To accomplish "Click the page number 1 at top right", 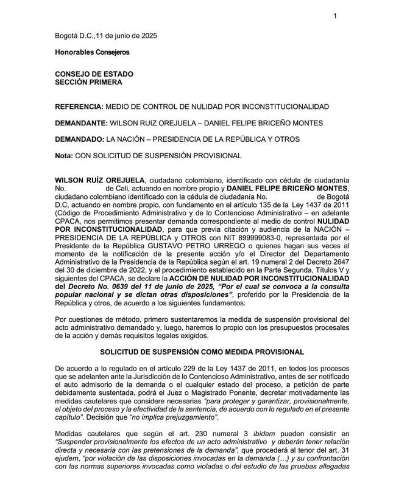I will tap(334, 16).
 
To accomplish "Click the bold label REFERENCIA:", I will tap(79, 106).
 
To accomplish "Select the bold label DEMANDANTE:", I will tap(82, 123).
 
